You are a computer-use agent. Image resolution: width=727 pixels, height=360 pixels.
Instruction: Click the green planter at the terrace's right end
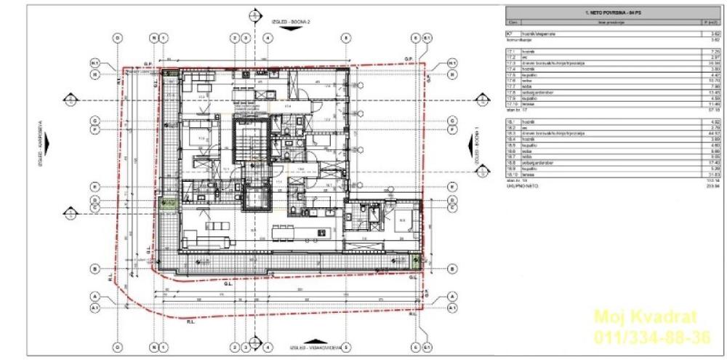coord(416,260)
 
